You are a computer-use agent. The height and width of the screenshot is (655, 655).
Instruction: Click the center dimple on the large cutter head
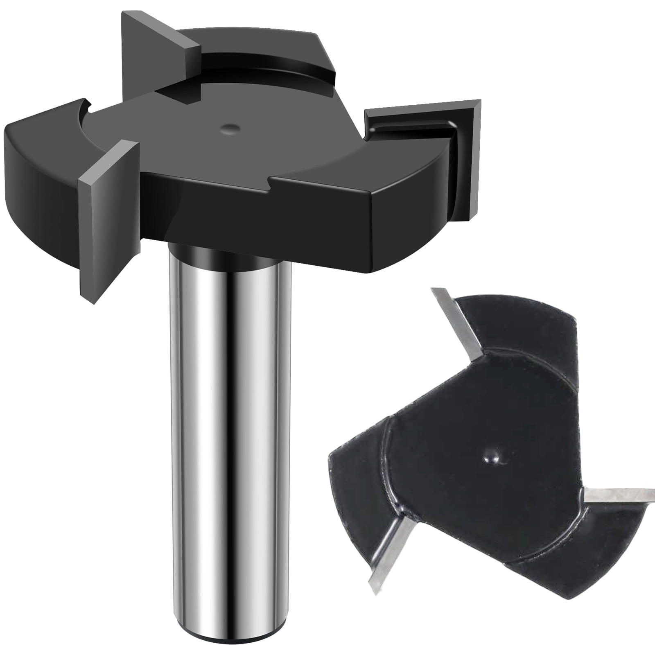click(230, 128)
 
